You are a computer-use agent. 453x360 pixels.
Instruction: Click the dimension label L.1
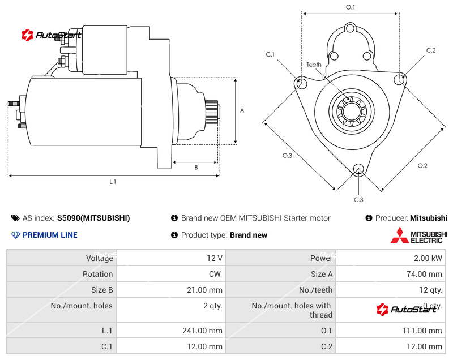point(113,182)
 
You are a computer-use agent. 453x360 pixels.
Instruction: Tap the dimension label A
point(242,110)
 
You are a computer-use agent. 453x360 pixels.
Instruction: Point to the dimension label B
point(196,168)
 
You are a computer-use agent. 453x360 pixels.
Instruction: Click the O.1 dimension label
point(351,7)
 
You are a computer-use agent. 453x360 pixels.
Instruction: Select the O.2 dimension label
point(422,165)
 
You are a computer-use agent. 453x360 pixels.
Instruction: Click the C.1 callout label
point(270,54)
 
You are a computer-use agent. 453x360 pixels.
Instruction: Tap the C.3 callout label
point(358,199)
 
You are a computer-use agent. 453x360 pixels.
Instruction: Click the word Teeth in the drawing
point(314,65)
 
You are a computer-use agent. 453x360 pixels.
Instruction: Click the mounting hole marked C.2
point(401,79)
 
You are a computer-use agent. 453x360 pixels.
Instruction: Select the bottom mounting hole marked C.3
point(358,170)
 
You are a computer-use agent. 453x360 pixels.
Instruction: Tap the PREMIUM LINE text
point(50,235)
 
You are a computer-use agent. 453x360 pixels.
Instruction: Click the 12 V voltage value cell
point(215,258)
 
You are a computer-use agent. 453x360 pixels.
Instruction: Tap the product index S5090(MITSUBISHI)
point(93,218)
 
